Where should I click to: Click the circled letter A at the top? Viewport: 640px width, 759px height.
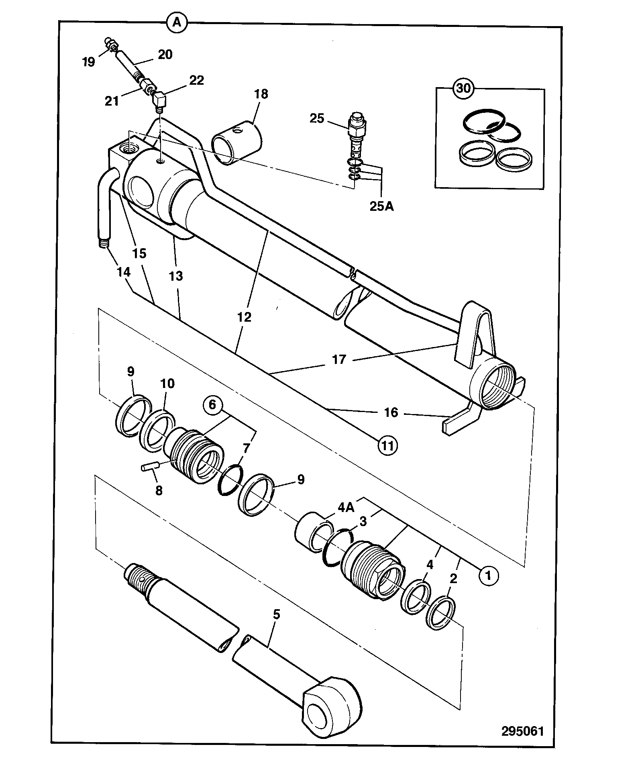pyautogui.click(x=177, y=23)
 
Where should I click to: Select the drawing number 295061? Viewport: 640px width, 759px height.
pyautogui.click(x=522, y=730)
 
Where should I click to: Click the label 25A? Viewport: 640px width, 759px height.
pyautogui.click(x=381, y=207)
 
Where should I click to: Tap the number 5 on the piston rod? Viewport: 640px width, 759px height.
pyautogui.click(x=276, y=614)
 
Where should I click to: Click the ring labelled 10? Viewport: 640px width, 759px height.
pyautogui.click(x=157, y=429)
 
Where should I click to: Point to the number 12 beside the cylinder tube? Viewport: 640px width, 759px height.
pyautogui.click(x=244, y=317)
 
